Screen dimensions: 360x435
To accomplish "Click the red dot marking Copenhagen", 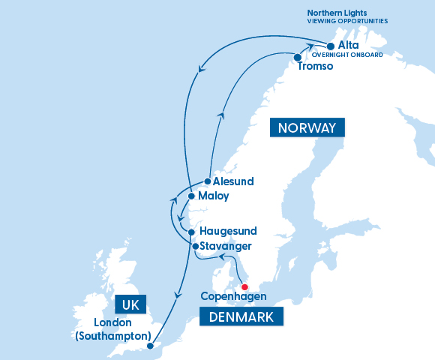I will coord(244,286).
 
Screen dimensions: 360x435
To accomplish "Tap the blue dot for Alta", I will coord(331,46).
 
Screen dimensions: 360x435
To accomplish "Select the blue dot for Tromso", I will coord(298,57).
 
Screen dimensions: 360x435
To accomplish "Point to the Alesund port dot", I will coord(208,181).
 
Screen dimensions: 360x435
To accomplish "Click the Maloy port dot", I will coord(192,196).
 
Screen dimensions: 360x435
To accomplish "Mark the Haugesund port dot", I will coord(192,232).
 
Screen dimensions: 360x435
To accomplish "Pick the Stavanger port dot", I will coord(195,246).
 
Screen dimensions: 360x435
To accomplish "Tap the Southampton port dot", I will coord(151,346).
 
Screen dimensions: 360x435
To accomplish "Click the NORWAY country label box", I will coord(307,127).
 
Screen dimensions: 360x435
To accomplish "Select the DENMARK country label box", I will coord(241,317).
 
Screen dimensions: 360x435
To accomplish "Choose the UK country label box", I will coord(130,305).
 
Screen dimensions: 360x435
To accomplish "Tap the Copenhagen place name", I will coord(232,297).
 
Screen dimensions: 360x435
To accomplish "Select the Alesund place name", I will coord(233,181).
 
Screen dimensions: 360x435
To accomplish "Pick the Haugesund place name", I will coord(229,232).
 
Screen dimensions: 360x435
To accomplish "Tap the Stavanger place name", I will coord(226,246).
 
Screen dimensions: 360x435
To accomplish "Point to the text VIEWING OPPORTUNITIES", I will coord(346,22).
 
